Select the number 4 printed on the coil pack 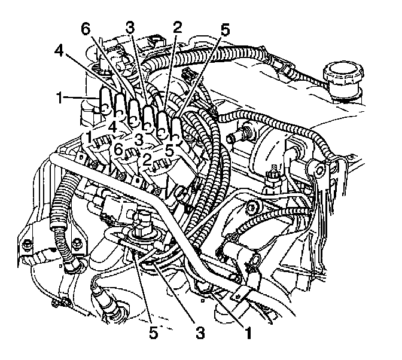coord(112,127)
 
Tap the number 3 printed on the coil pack coord(139,139)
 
